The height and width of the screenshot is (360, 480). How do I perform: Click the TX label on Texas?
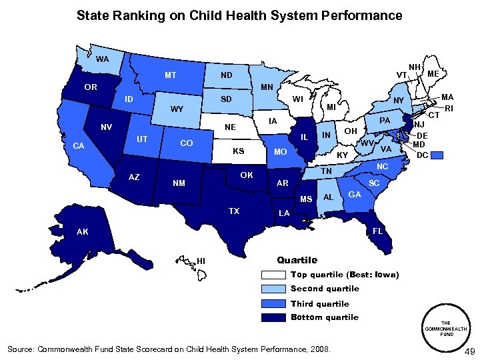pos(234,211)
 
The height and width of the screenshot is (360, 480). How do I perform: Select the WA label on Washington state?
pos(103,59)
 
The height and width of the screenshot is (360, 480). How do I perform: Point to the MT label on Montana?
pos(171,75)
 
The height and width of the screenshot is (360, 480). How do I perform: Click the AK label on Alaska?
pos(82,232)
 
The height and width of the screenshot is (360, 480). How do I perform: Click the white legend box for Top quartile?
pos(274,275)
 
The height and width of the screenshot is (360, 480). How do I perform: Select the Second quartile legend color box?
pos(274,289)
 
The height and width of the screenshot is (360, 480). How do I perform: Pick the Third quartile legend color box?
pos(274,304)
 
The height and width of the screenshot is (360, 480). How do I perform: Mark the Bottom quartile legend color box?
pos(274,317)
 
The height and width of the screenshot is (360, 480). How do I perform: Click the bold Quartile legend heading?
pos(297,260)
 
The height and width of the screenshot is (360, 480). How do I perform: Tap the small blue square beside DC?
pos(437,155)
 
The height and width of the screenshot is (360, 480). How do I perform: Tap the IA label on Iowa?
pos(272,121)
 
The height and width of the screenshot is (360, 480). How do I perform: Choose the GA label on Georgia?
pos(355,194)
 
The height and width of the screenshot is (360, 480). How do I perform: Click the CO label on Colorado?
pos(187,143)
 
